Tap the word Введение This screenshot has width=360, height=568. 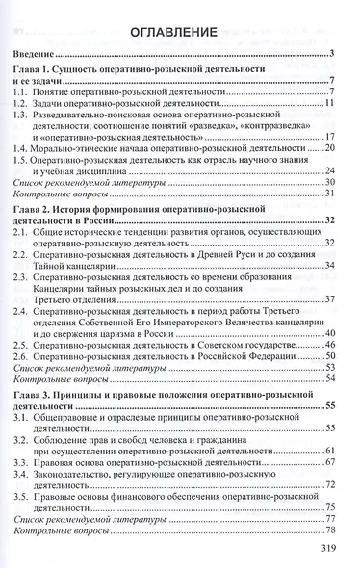[x=49, y=54]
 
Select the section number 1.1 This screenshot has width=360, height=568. [x=37, y=92]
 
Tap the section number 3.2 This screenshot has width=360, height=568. [x=38, y=438]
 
